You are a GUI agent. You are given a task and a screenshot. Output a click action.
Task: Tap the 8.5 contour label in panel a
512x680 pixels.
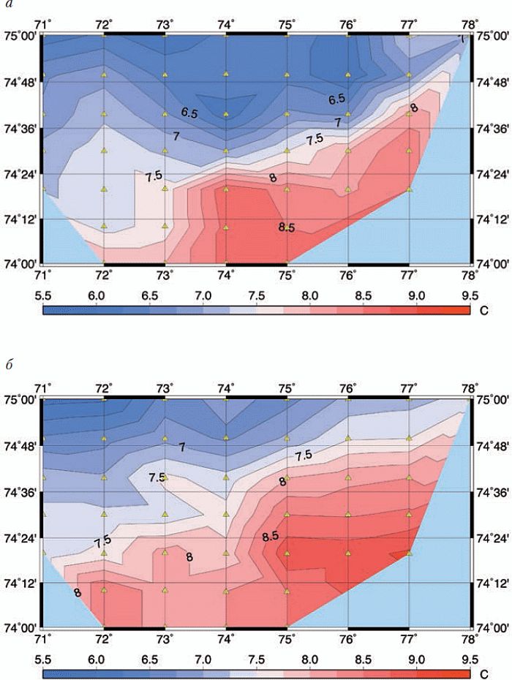pyautogui.click(x=286, y=228)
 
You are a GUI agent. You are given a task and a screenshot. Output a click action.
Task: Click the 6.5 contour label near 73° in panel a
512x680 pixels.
pyautogui.click(x=189, y=113)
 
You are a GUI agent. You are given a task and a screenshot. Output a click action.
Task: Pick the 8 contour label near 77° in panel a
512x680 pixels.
pyautogui.click(x=414, y=108)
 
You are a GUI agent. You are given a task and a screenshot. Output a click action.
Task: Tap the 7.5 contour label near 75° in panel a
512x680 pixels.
pyautogui.click(x=315, y=139)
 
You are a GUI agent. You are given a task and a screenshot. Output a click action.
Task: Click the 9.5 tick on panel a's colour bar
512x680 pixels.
pyautogui.click(x=470, y=295)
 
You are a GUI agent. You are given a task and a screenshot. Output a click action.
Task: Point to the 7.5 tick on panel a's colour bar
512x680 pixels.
pyautogui.click(x=256, y=295)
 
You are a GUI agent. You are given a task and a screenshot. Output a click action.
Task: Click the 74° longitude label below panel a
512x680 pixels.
pyautogui.click(x=225, y=275)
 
